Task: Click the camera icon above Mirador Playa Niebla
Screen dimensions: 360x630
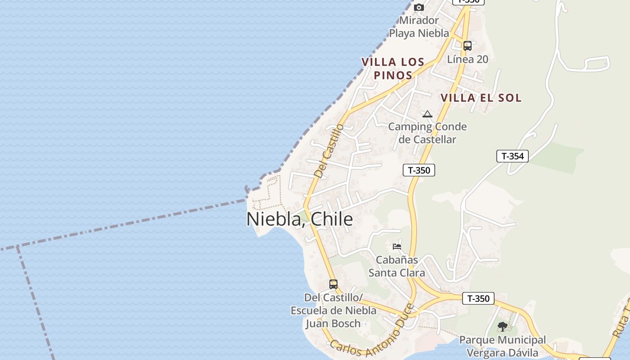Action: tap(419, 8)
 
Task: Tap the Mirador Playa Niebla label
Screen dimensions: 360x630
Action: tap(419, 27)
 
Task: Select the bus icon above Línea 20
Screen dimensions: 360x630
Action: tap(468, 45)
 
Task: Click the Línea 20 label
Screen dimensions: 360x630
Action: tap(468, 59)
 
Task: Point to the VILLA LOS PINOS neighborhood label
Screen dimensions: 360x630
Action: tap(393, 68)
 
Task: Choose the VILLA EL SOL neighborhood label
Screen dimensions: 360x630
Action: tap(481, 98)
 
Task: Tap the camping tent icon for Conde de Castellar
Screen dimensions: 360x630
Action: tap(427, 114)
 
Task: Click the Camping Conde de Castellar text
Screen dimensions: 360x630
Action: tap(427, 133)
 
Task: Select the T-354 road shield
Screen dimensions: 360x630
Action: tap(512, 156)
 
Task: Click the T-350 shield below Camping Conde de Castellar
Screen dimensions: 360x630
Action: tap(419, 170)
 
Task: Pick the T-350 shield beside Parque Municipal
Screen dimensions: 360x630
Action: tap(478, 298)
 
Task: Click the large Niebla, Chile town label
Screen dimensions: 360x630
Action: tap(300, 219)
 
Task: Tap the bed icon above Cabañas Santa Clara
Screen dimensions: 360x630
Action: tap(397, 246)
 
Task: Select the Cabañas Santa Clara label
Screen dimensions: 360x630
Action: tap(396, 266)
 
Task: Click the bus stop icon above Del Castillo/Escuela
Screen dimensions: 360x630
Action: tap(333, 284)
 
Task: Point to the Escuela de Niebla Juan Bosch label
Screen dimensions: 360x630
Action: tap(333, 310)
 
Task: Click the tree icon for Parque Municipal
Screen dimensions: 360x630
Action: tap(503, 327)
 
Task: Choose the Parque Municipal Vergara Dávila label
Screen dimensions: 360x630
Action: tap(503, 346)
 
